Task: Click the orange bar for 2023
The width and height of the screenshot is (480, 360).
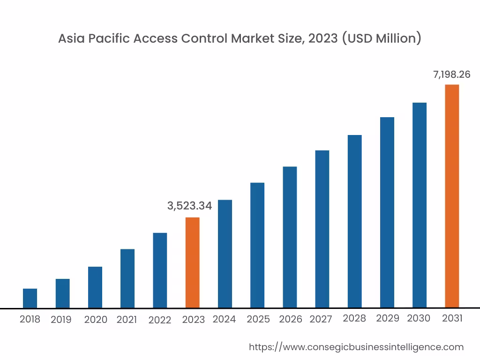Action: [192, 262]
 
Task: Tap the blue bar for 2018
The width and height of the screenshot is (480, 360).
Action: [30, 298]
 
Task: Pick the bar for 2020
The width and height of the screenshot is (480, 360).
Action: [95, 287]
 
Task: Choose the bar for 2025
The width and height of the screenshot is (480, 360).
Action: [257, 245]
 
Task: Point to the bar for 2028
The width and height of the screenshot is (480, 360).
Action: [354, 221]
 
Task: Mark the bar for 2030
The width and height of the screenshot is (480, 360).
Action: [419, 205]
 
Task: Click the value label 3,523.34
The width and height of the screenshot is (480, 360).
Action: [189, 205]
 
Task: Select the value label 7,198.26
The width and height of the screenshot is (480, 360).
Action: [451, 74]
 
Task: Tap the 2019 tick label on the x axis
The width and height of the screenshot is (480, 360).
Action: [61, 320]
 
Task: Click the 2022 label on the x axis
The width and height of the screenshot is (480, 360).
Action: [160, 320]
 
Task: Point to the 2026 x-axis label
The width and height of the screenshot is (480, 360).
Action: [291, 319]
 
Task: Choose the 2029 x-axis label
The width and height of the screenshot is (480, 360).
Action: [388, 318]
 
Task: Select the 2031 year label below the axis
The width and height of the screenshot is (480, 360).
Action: [452, 318]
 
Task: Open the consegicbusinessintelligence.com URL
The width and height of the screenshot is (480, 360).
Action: [356, 347]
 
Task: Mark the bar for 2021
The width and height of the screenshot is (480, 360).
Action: [127, 278]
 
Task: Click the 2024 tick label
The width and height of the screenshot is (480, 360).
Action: [224, 319]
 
